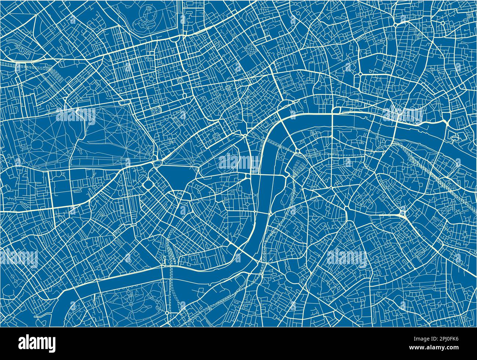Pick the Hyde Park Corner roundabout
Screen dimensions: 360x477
point(159,161)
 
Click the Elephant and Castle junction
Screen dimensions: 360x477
point(346,210)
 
